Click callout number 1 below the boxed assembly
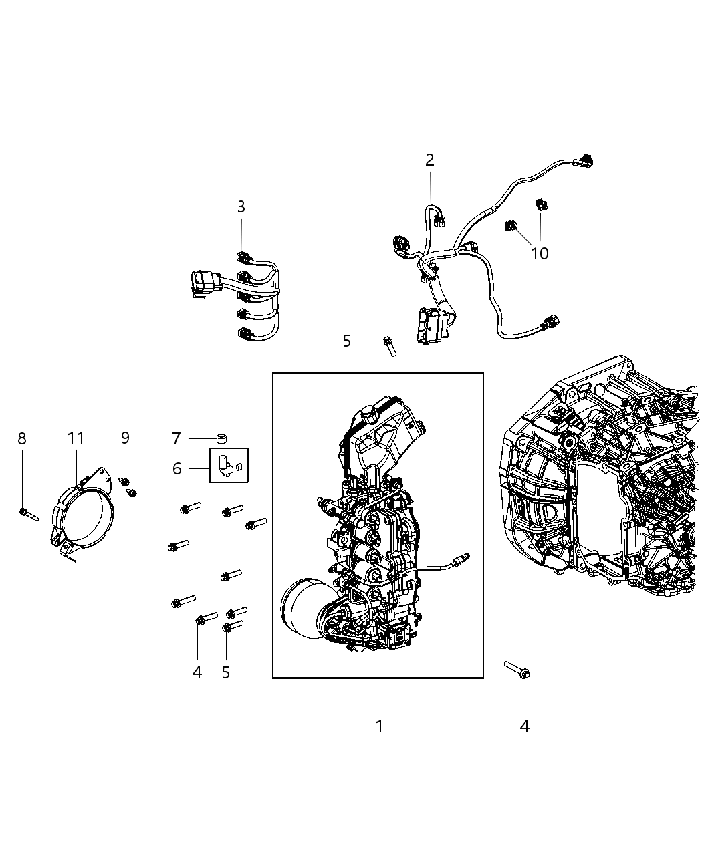379,726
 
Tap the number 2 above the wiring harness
429,160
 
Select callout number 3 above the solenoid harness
241,207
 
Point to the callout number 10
539,253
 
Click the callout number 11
76,438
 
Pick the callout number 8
22,438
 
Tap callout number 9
125,438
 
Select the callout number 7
176,438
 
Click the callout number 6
177,468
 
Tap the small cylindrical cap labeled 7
222,438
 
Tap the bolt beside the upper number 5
389,345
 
